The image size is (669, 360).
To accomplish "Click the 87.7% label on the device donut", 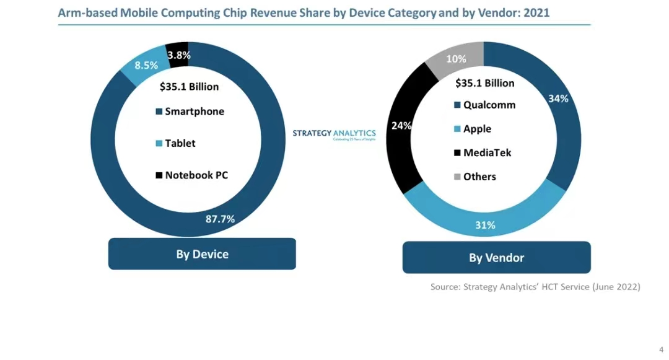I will click(220, 218).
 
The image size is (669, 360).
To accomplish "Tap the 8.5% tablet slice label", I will click(146, 65).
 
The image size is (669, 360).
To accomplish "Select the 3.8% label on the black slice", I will click(178, 55).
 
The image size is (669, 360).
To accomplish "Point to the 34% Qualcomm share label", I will click(558, 99).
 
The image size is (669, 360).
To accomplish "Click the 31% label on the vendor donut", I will click(485, 225).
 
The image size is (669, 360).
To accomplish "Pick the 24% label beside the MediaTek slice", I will click(401, 126).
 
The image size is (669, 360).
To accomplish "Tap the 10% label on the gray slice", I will click(456, 59).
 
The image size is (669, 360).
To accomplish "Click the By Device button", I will click(202, 254).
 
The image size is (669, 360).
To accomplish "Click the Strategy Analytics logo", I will click(334, 134).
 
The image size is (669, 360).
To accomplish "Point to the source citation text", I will click(535, 287).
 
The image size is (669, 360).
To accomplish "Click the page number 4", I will click(660, 349).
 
